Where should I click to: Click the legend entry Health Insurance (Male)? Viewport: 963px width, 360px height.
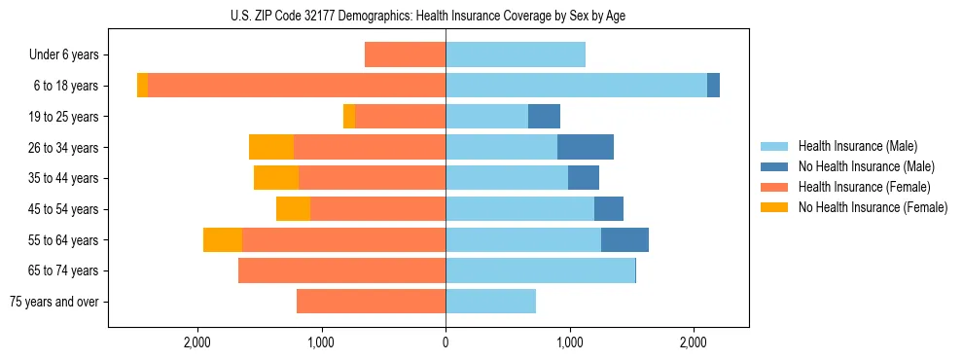click(857, 146)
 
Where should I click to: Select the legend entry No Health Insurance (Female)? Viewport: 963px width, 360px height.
click(873, 207)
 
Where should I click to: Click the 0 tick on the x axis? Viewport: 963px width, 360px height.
click(446, 342)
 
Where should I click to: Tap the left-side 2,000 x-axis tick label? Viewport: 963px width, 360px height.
click(197, 342)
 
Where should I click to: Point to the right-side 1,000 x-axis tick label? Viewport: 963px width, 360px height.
click(569, 342)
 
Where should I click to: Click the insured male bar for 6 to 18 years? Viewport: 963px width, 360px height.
click(576, 86)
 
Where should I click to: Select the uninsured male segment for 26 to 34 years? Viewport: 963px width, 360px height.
click(586, 147)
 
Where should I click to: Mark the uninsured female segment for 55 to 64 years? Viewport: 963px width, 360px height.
click(223, 240)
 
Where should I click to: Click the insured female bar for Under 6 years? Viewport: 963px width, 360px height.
click(405, 55)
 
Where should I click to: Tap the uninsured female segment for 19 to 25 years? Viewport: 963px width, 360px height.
click(349, 117)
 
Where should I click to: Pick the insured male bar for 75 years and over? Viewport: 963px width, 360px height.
click(490, 302)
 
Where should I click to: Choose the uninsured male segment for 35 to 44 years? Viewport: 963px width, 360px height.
click(584, 178)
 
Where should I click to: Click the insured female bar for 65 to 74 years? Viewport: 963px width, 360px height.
click(341, 270)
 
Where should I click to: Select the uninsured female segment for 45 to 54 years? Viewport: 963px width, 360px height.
click(293, 209)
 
